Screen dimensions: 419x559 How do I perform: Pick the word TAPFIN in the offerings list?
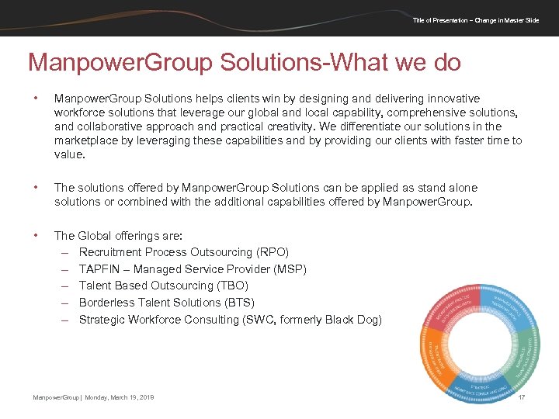99,269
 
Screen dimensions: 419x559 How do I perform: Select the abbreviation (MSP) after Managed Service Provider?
291,269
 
